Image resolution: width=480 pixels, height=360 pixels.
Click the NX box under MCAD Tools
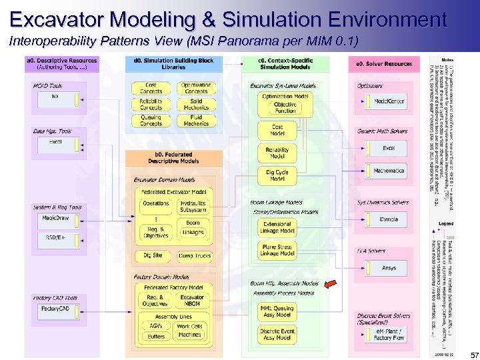tap(55, 97)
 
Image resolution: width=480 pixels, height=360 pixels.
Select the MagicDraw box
tap(55, 218)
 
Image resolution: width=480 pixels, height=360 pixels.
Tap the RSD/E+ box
tap(55, 237)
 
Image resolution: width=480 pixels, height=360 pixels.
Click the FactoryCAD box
tap(55, 309)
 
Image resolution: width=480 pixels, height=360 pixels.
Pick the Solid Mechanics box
tap(195, 104)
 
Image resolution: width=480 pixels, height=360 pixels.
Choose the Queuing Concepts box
tap(151, 120)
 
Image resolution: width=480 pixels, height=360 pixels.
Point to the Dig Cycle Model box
tap(277, 175)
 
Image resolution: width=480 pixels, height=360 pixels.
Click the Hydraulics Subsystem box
tap(193, 206)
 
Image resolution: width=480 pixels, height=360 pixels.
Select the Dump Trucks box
tap(194, 256)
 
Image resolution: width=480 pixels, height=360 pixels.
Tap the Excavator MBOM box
tap(192, 301)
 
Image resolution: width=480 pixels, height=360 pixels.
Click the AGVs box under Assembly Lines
tap(155, 326)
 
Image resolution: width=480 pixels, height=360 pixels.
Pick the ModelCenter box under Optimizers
tap(388, 101)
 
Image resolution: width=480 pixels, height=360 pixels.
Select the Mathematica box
tap(388, 171)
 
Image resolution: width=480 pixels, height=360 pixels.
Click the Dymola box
tap(388, 219)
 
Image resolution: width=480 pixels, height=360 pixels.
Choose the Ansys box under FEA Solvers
tap(388, 268)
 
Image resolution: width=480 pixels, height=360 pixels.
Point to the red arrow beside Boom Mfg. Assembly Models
tap(330, 285)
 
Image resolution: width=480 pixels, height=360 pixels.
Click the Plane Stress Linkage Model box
tap(277, 250)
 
